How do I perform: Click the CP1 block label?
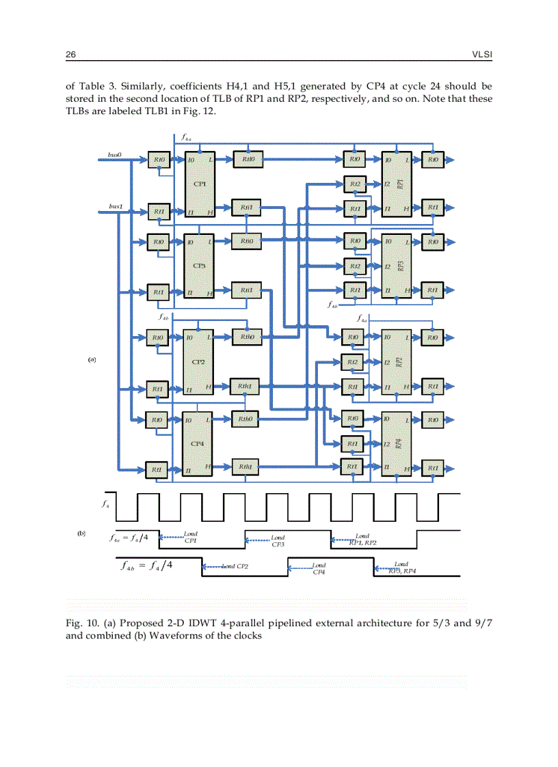pos(200,183)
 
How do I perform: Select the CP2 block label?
pos(199,362)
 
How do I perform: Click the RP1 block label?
pos(401,183)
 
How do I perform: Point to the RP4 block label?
pos(400,444)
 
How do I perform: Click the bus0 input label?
pos(115,155)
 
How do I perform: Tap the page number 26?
pos(70,54)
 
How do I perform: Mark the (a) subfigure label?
pos(92,359)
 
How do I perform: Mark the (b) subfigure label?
pos(81,532)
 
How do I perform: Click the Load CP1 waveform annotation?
pos(191,536)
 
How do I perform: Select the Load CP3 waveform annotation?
pos(278,541)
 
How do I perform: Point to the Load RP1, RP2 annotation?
pos(362,539)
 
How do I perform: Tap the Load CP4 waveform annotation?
pos(319,568)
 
